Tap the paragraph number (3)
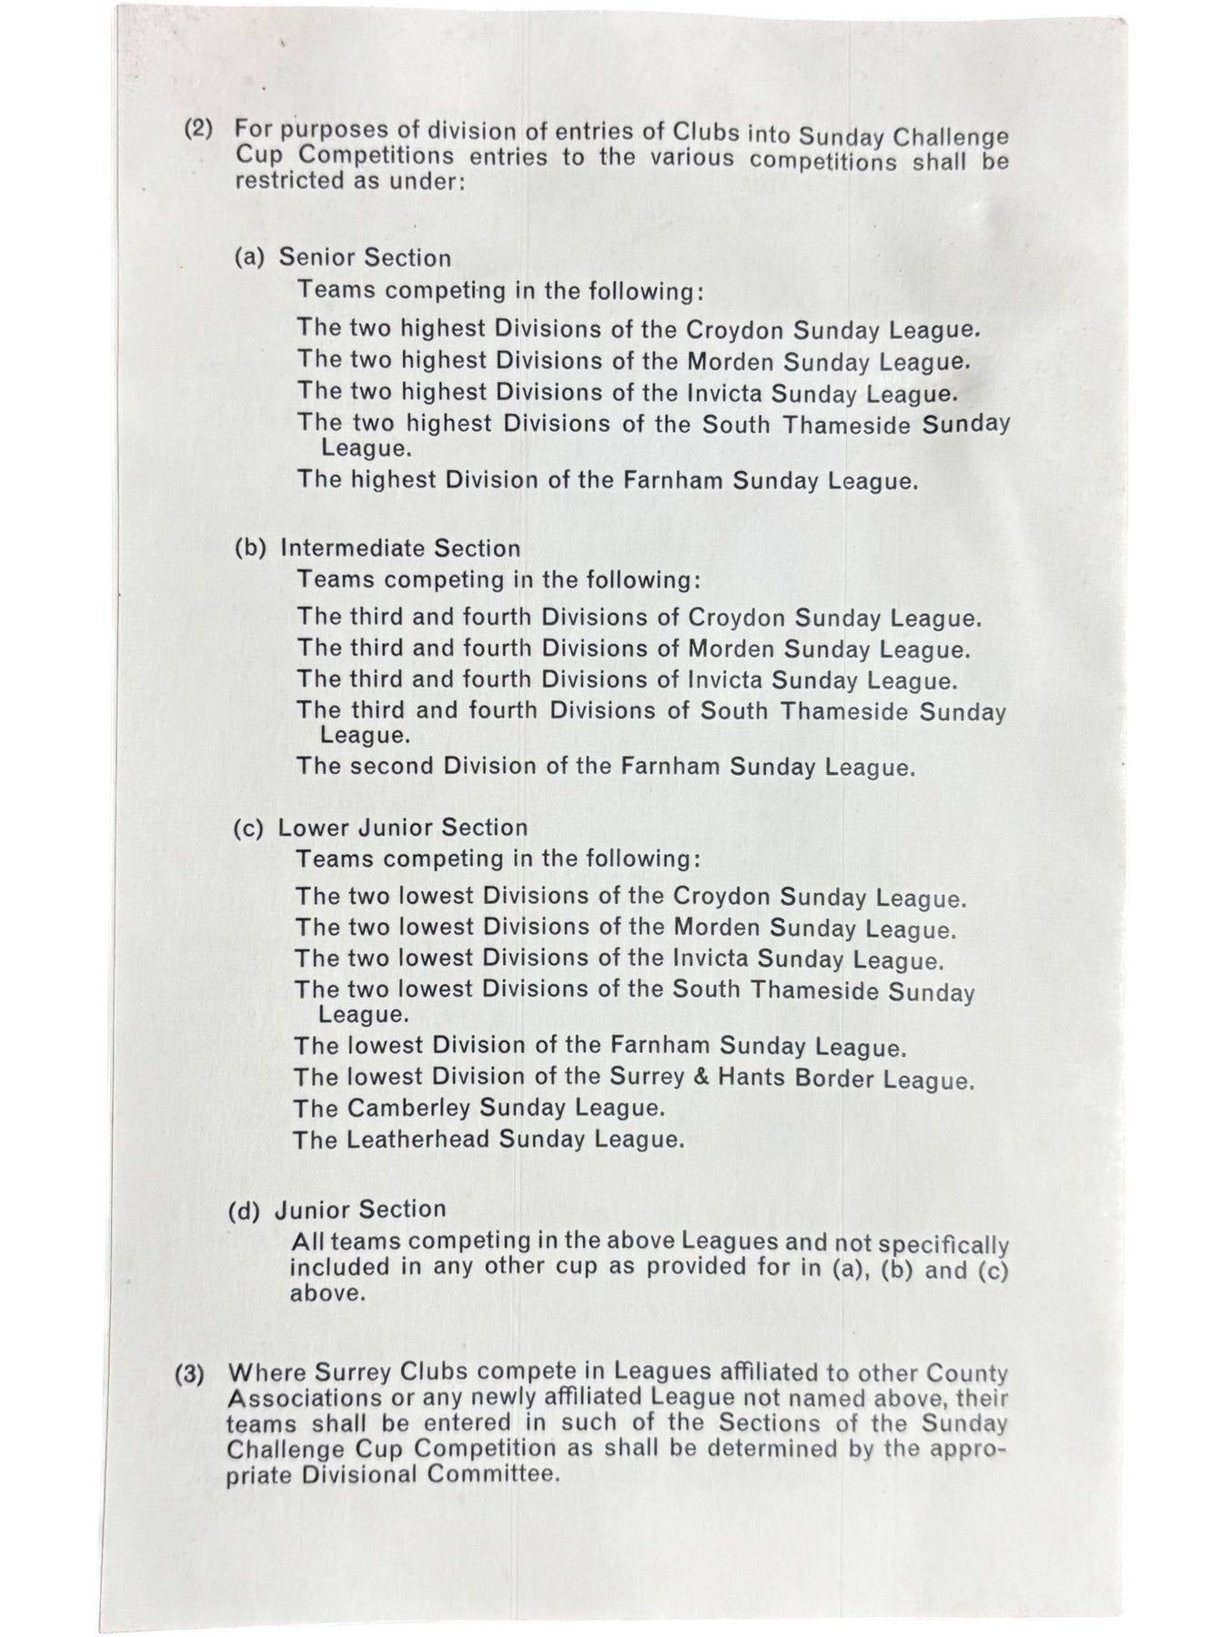point(189,1373)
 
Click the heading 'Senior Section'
point(365,257)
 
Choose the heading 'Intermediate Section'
point(400,548)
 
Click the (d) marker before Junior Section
point(244,1210)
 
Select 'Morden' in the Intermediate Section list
point(731,650)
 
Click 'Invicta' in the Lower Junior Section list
point(710,959)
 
